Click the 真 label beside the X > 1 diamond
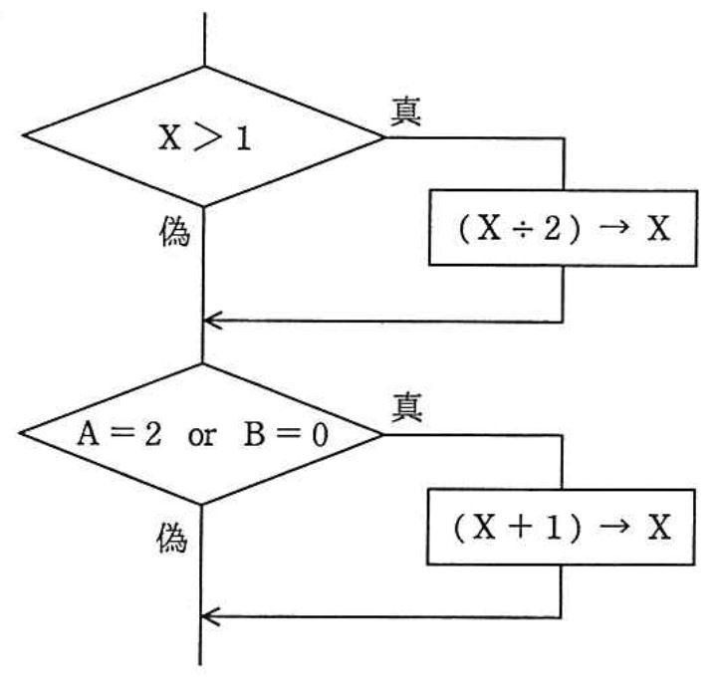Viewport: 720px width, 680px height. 406,112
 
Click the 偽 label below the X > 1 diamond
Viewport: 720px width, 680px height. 174,231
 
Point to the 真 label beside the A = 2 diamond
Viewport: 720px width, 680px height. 406,408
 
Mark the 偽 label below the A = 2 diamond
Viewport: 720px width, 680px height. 172,538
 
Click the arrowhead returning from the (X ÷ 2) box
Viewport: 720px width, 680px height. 212,320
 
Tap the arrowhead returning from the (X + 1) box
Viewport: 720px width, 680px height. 210,616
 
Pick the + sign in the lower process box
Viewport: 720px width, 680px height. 521,528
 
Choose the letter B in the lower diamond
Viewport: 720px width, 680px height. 254,434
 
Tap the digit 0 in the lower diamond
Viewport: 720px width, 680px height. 320,435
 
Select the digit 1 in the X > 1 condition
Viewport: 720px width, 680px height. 243,137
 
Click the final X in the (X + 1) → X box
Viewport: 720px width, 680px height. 659,527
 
